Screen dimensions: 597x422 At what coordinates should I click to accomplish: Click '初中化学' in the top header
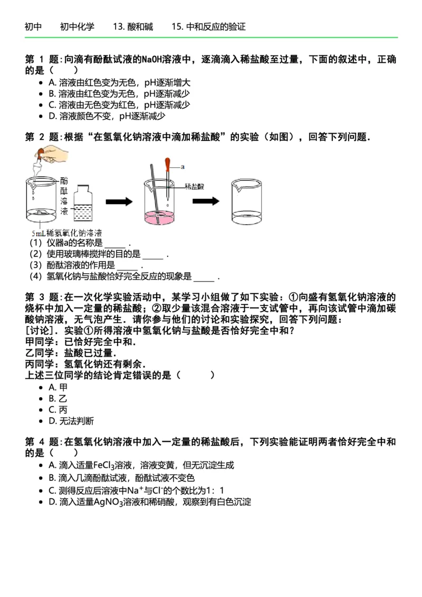pos(77,27)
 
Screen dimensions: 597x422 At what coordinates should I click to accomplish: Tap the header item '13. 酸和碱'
pos(132,27)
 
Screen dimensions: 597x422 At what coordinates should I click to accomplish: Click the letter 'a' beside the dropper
pos(182,167)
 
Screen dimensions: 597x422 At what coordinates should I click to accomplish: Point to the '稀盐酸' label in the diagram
pos(194,186)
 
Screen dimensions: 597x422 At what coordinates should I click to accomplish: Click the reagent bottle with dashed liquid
pos(83,204)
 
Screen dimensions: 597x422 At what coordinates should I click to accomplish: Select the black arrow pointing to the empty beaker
pos(206,201)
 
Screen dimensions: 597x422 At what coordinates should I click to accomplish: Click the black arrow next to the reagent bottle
pos(119,201)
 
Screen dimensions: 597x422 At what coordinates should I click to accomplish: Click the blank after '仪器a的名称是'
pos(114,244)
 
